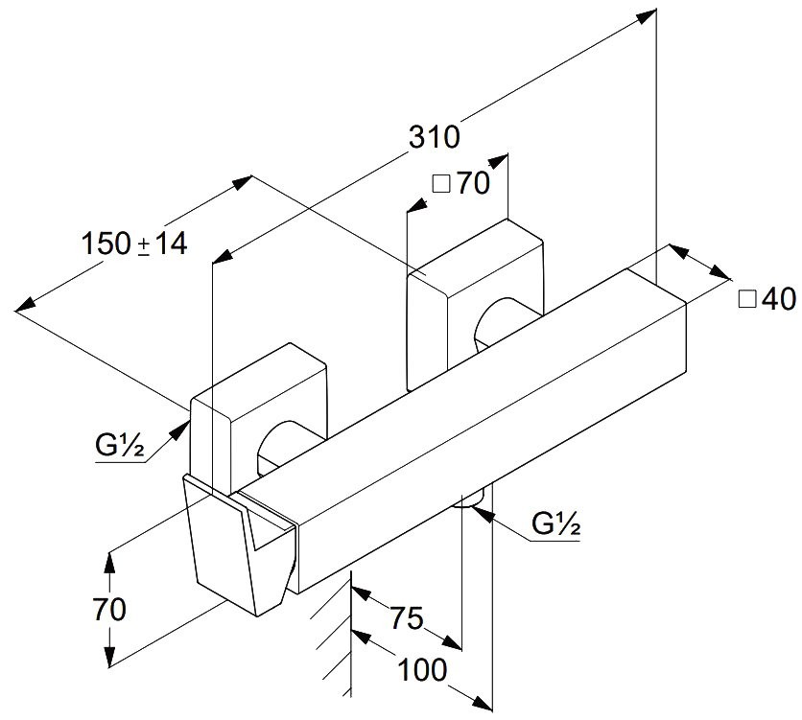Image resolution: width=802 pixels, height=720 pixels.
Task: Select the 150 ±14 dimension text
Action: (133, 244)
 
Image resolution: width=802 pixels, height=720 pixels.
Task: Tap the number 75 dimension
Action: (406, 618)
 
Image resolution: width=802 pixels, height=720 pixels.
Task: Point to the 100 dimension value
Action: (423, 669)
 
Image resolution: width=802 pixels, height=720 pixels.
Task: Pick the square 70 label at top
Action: (461, 183)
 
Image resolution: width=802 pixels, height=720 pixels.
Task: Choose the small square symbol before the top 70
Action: (440, 185)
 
